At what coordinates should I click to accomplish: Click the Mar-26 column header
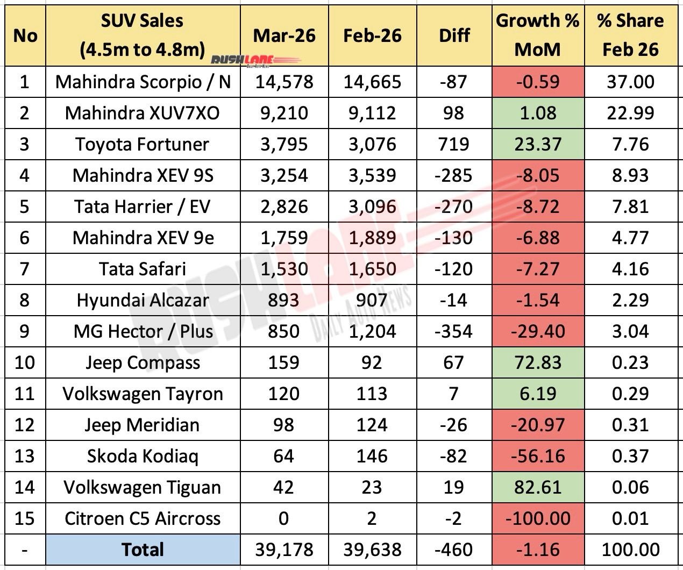(284, 35)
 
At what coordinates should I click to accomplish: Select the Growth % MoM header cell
(537, 35)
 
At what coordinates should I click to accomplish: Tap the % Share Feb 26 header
(630, 35)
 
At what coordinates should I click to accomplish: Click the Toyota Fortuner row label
(143, 144)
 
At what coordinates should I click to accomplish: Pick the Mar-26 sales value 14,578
(284, 82)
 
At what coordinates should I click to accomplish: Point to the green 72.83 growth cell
(537, 362)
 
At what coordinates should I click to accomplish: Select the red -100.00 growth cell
(537, 518)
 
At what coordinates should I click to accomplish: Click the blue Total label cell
(143, 550)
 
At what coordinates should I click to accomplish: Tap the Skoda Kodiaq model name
(143, 456)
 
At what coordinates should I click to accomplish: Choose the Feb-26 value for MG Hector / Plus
(372, 331)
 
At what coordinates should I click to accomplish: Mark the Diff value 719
(454, 144)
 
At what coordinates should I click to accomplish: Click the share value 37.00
(630, 82)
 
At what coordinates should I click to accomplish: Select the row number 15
(24, 518)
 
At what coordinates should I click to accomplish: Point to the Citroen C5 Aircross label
(143, 518)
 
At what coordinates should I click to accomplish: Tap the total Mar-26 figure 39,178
(284, 550)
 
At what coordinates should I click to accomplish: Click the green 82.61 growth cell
(537, 487)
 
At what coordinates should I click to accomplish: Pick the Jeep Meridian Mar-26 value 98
(284, 425)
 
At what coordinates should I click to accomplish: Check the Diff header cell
(454, 35)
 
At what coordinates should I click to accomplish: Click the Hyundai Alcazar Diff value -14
(454, 300)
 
